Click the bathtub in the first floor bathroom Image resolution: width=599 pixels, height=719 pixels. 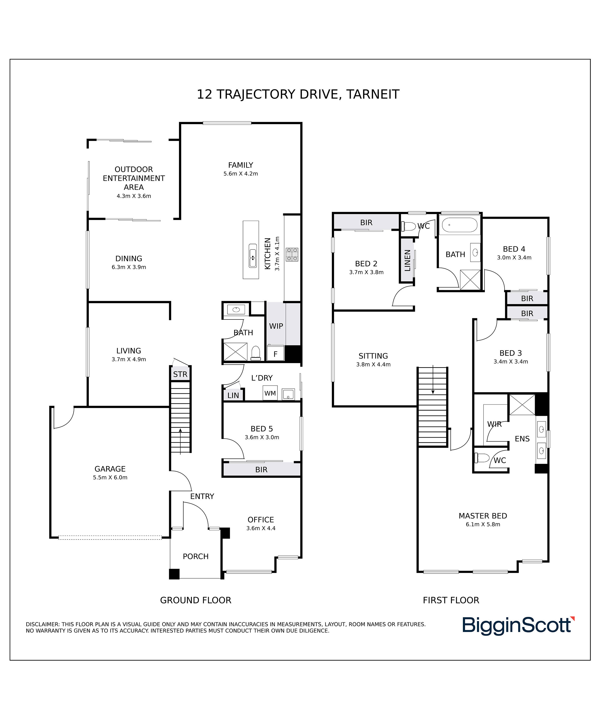pos(459,225)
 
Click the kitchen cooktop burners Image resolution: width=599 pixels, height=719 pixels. pos(292,254)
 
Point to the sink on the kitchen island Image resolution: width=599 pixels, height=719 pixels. pos(253,256)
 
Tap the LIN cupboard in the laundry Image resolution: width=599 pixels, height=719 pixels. pos(233,395)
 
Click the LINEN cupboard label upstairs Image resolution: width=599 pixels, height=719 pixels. pos(407,261)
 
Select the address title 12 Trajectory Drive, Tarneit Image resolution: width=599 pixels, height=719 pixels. pos(298,94)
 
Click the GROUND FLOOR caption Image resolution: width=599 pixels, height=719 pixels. pos(196,600)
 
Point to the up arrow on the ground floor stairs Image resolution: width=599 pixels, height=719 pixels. pos(180,441)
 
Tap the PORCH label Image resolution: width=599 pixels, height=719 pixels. pos(196,556)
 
